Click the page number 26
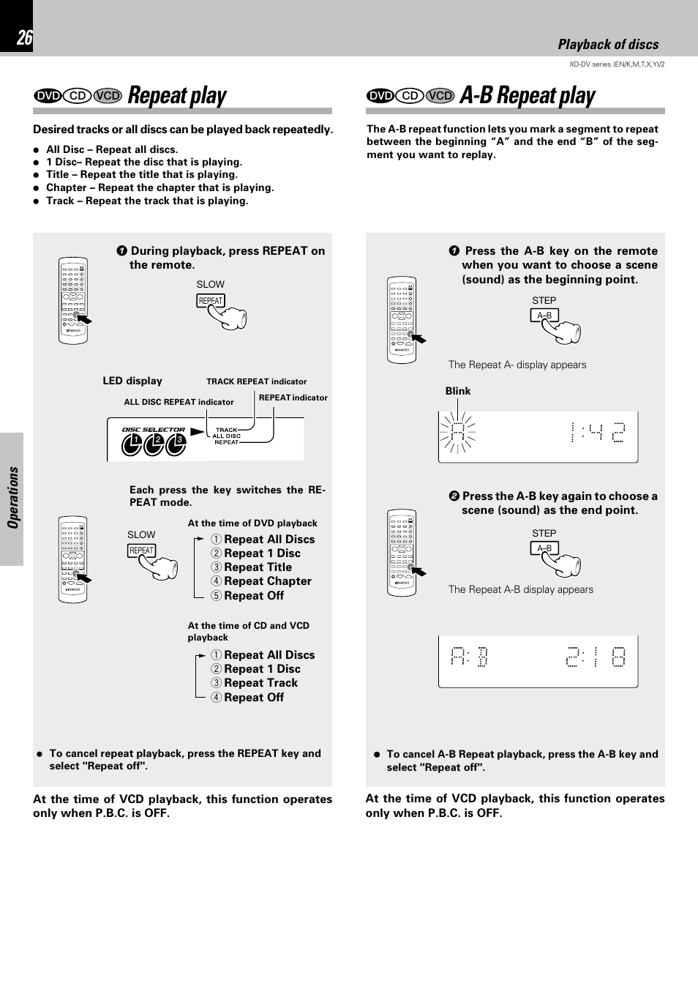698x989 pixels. (24, 38)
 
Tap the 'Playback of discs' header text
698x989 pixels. (607, 45)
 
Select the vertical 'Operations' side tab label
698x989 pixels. (12, 498)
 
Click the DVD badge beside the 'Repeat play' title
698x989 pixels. (48, 96)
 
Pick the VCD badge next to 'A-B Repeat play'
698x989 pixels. (440, 96)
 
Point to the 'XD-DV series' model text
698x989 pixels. (616, 64)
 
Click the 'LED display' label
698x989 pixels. (132, 381)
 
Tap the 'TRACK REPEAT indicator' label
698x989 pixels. (256, 381)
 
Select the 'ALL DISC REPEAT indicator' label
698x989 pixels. (179, 402)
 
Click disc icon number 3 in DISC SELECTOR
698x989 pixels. (176, 444)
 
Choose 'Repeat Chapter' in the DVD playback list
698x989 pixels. (267, 581)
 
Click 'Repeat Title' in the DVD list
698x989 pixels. (258, 567)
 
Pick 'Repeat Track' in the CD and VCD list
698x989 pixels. (260, 683)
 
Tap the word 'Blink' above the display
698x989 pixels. (458, 391)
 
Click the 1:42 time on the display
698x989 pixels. (598, 433)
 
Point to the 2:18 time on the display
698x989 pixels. (596, 657)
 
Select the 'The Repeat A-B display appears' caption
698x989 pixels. (520, 589)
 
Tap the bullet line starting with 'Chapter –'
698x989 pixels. (160, 187)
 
